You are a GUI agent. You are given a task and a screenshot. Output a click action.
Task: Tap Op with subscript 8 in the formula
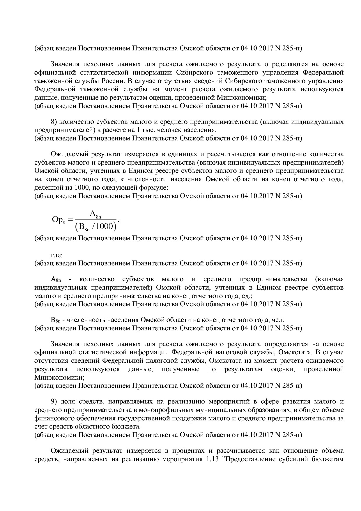click(58, 220)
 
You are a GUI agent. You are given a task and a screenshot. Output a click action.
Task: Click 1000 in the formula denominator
click(104, 226)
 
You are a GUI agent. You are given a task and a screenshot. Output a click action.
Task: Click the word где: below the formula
click(57, 255)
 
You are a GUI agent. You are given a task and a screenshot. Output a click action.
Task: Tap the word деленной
click(47, 188)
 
